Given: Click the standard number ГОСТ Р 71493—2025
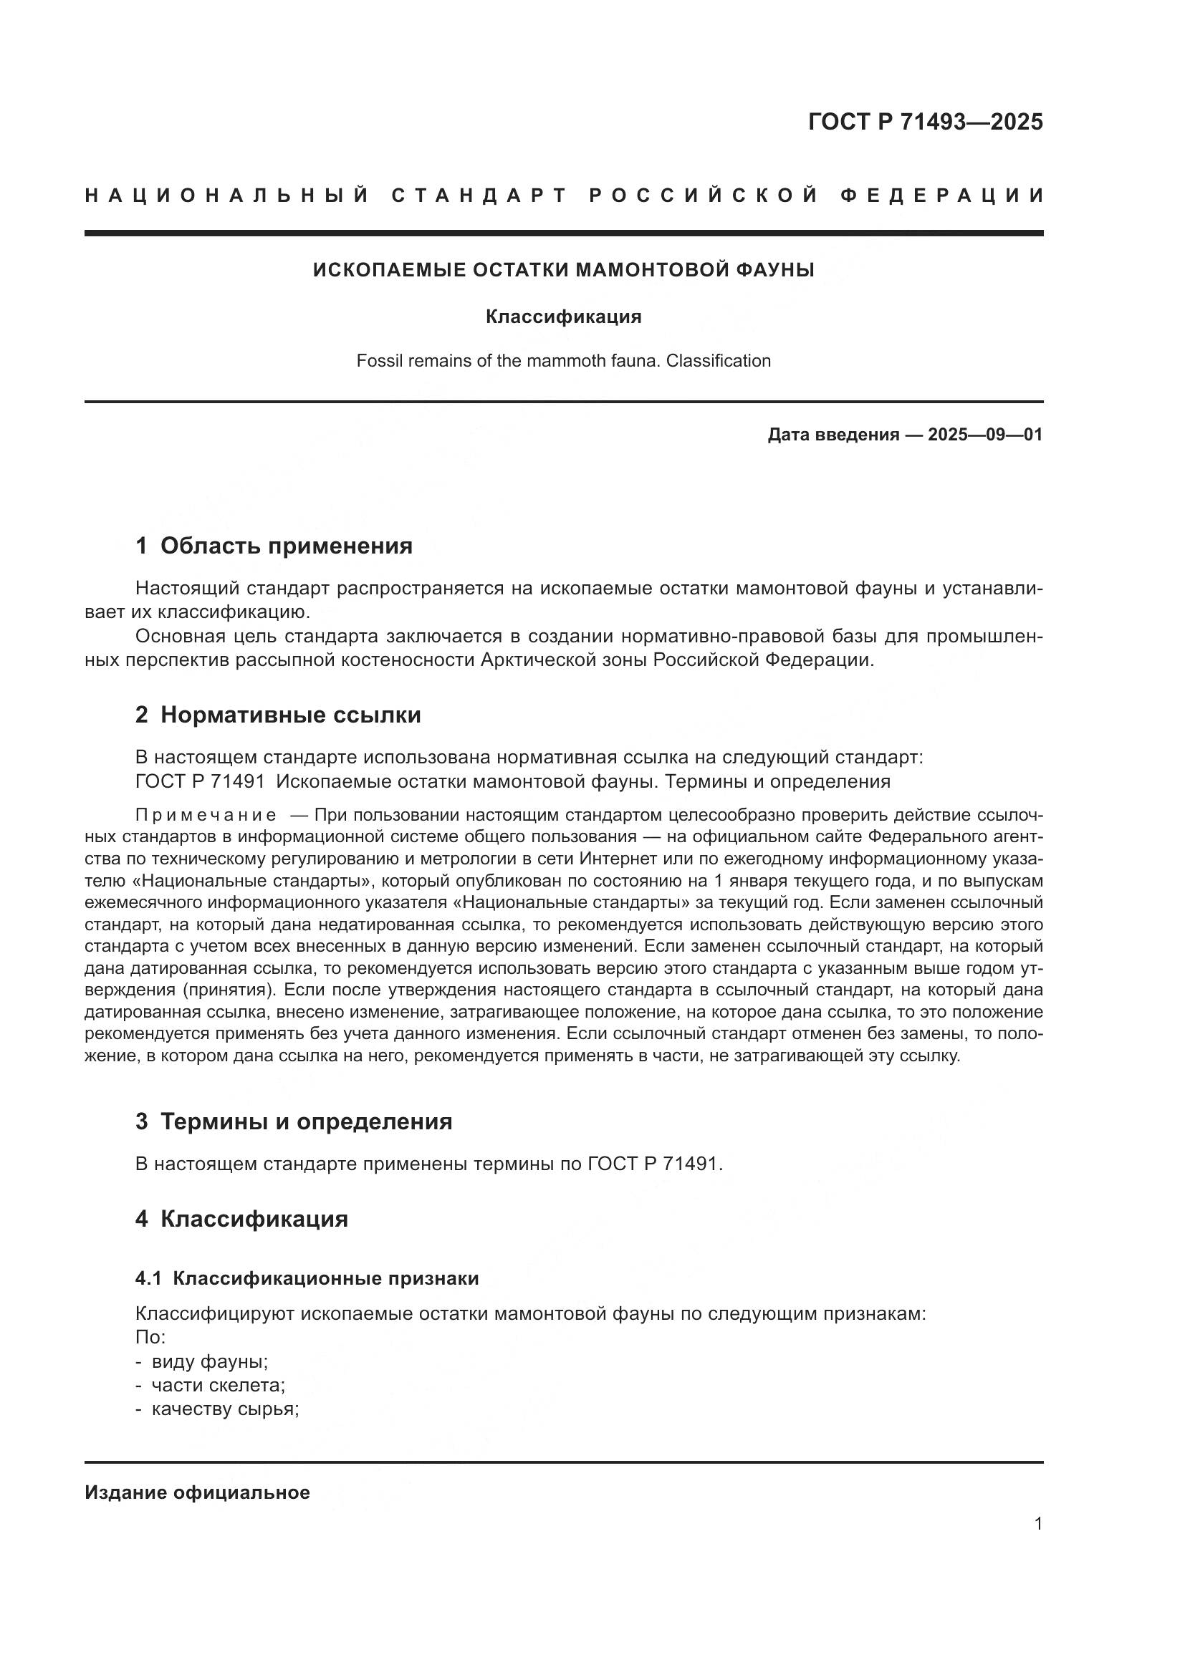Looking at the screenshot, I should (925, 122).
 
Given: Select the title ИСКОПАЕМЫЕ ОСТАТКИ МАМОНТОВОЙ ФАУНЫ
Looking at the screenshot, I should (563, 270).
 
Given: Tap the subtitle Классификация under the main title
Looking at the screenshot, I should (563, 317).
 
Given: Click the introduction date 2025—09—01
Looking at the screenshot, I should (984, 435).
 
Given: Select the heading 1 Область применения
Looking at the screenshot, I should (274, 546).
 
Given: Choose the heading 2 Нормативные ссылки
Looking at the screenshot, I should (278, 715).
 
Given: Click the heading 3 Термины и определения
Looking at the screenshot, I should (293, 1121).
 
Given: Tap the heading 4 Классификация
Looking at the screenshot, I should (241, 1219).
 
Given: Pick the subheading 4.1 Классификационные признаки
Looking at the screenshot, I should (307, 1278).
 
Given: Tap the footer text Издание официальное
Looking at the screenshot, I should (197, 1492).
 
